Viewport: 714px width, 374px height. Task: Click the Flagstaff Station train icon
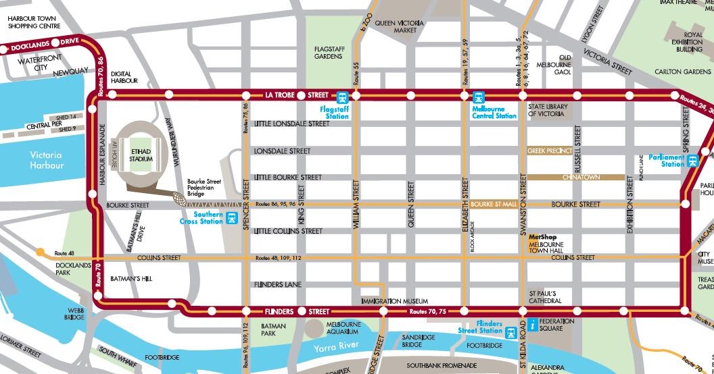point(342,97)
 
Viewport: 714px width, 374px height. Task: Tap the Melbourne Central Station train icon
point(479,97)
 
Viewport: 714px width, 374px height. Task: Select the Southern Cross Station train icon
point(232,218)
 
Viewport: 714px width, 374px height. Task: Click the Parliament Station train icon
point(692,161)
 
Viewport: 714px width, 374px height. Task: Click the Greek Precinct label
point(549,151)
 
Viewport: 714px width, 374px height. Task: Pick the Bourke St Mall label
point(493,204)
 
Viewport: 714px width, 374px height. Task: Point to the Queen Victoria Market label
point(400,26)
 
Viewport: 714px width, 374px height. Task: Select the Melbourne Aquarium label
point(342,327)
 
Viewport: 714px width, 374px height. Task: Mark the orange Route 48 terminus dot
point(41,252)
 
